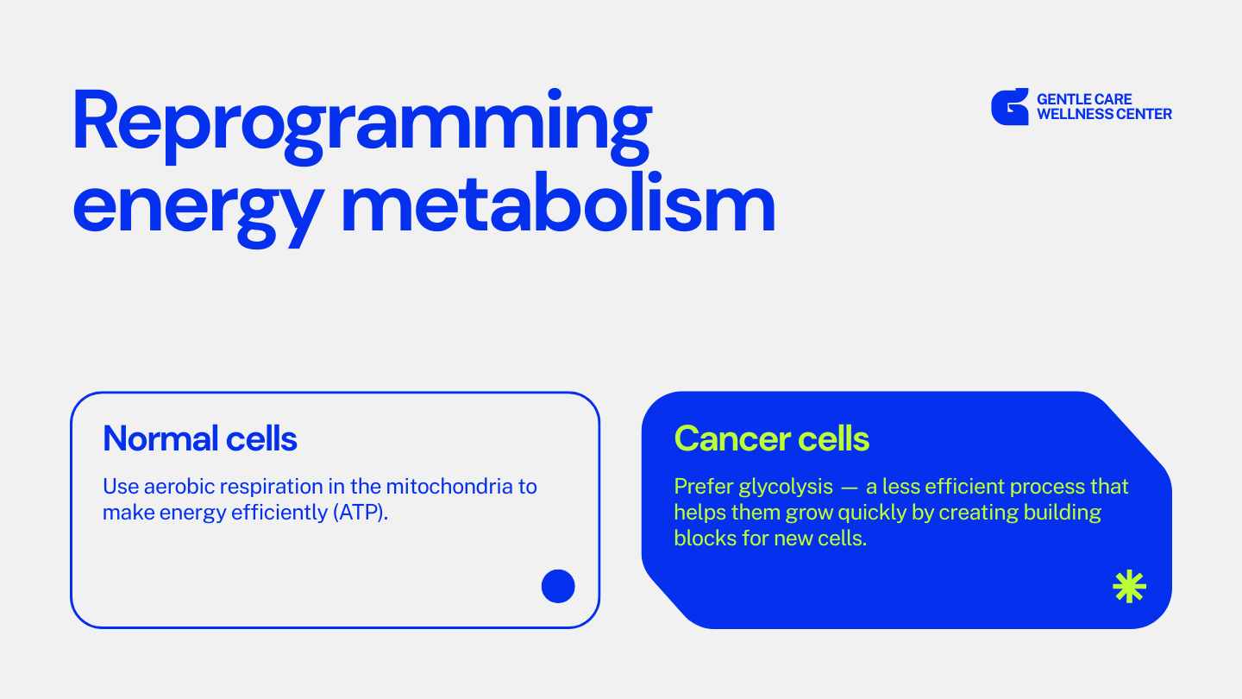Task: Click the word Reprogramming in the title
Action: pyautogui.click(x=362, y=127)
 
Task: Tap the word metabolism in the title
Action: pyautogui.click(x=558, y=203)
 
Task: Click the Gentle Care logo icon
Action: pyautogui.click(x=1010, y=106)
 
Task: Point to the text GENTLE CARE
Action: pyautogui.click(x=1084, y=99)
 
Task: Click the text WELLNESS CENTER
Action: pyautogui.click(x=1104, y=114)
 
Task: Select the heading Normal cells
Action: pyautogui.click(x=200, y=438)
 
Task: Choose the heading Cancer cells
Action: pyautogui.click(x=771, y=438)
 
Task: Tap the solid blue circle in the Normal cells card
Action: pyautogui.click(x=558, y=586)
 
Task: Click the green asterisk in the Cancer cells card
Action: pyautogui.click(x=1130, y=587)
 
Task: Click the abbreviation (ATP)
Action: pyautogui.click(x=361, y=513)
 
